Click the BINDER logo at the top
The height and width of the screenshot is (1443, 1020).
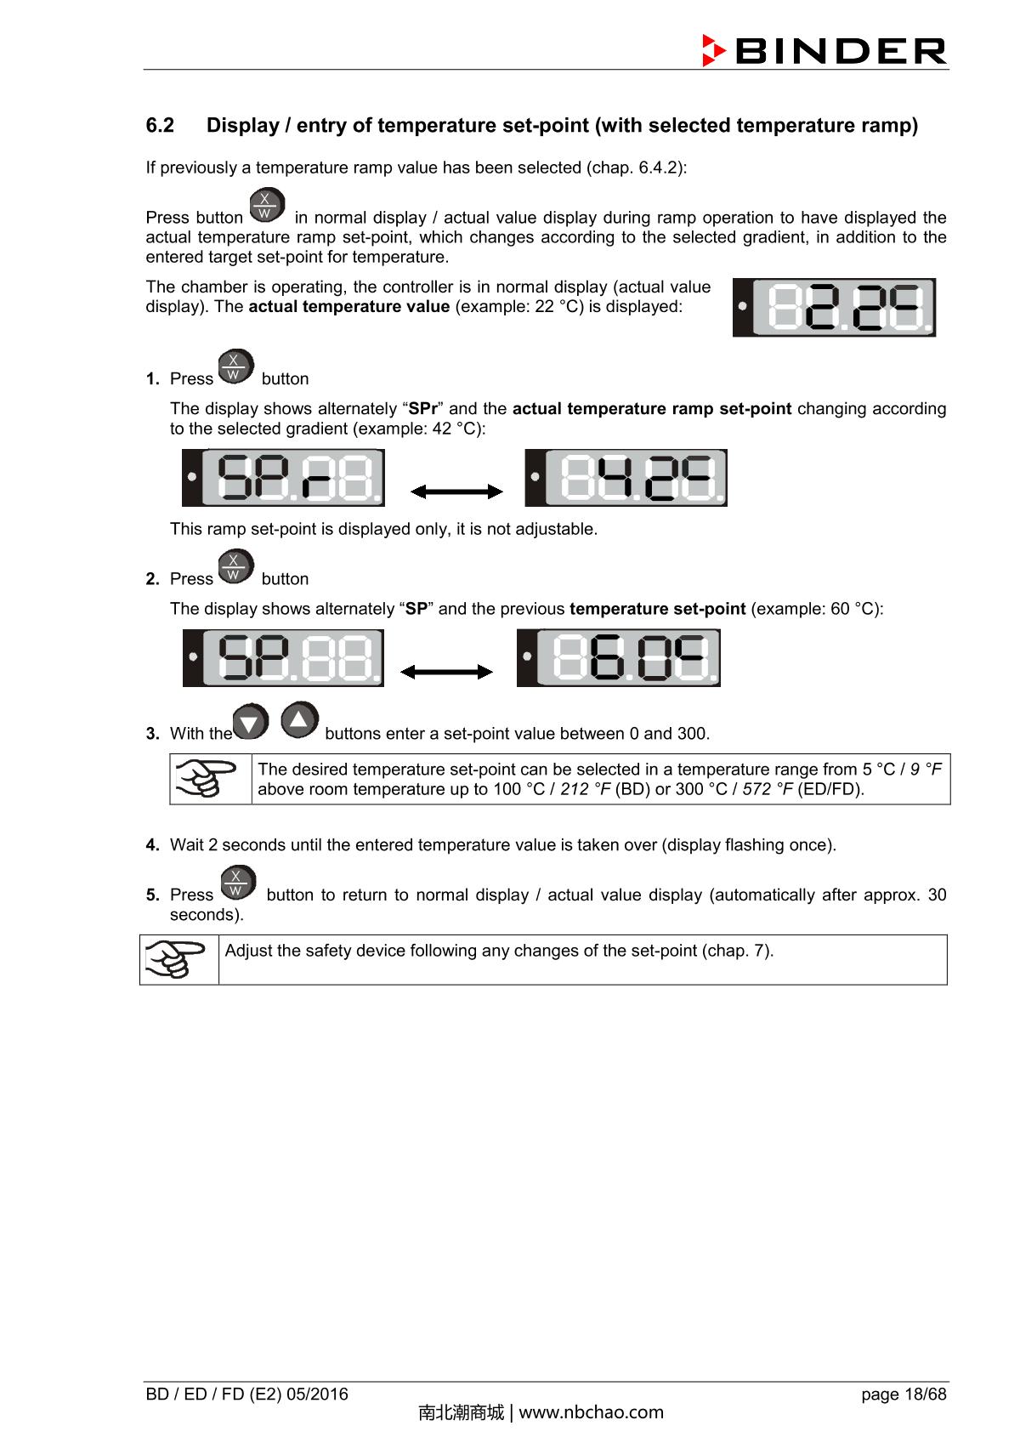pyautogui.click(x=824, y=50)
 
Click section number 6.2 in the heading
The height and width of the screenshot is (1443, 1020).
pyautogui.click(x=160, y=126)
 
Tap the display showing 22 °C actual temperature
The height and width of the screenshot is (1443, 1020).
pyautogui.click(x=834, y=307)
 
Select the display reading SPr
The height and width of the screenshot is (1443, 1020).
pyautogui.click(x=284, y=478)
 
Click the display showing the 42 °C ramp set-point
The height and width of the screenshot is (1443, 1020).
pyautogui.click(x=626, y=478)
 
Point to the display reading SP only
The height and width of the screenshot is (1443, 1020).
pyautogui.click(x=284, y=658)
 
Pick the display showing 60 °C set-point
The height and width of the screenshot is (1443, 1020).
pyautogui.click(x=619, y=658)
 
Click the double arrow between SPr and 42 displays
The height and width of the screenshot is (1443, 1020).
pyautogui.click(x=456, y=491)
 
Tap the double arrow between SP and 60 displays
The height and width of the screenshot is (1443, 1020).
pyautogui.click(x=446, y=672)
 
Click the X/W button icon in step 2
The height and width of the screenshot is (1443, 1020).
pyautogui.click(x=235, y=566)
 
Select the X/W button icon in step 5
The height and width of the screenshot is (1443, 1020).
pyautogui.click(x=237, y=883)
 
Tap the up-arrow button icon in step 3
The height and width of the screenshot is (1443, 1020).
pyautogui.click(x=299, y=720)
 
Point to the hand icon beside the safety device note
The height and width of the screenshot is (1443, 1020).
pyautogui.click(x=177, y=959)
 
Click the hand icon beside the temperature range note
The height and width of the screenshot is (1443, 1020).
pyautogui.click(x=207, y=778)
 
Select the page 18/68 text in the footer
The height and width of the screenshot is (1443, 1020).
pyautogui.click(x=903, y=1394)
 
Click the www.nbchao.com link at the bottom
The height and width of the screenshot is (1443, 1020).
pyautogui.click(x=591, y=1412)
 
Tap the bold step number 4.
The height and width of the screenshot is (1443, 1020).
pyautogui.click(x=152, y=845)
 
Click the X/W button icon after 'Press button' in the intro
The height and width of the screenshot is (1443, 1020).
pyautogui.click(x=267, y=206)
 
